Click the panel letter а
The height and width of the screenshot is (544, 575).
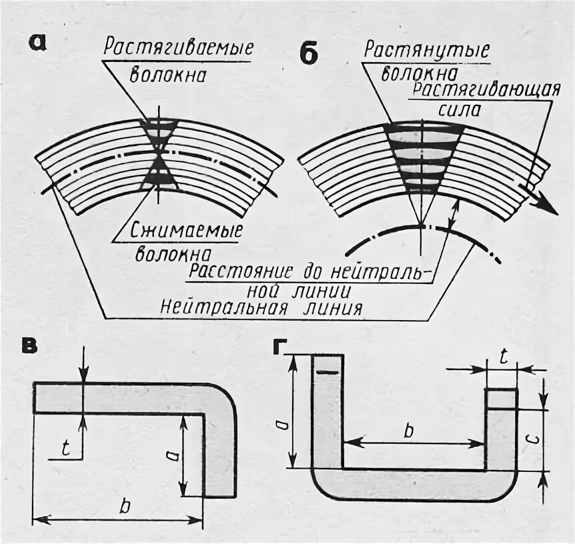39,43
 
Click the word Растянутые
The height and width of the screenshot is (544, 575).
427,51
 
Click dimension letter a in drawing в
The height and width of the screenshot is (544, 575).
171,455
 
